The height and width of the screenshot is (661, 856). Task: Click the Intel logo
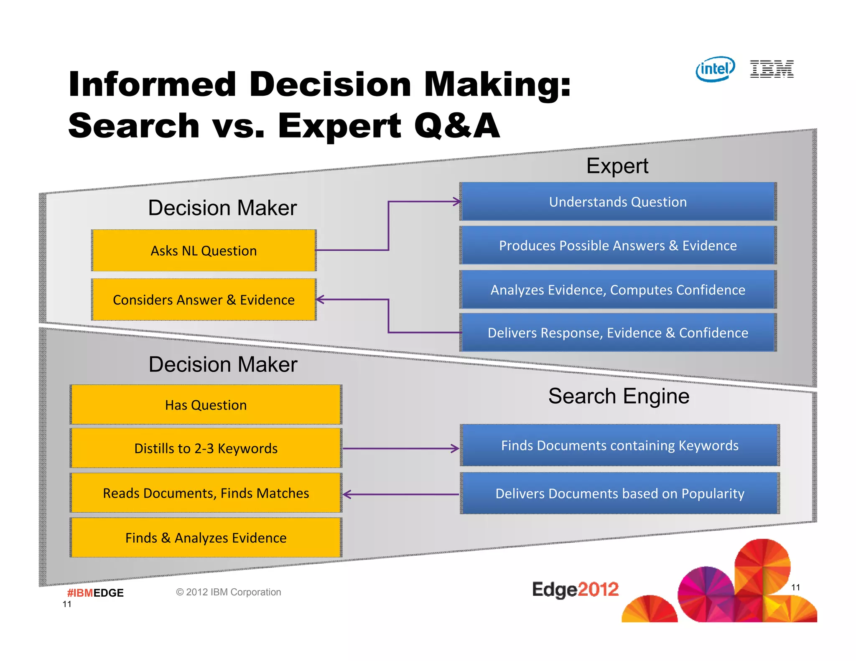(715, 69)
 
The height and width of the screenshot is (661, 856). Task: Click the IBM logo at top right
(772, 69)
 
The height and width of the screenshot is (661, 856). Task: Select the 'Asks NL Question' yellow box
(204, 251)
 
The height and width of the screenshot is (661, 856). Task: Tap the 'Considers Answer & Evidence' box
(204, 300)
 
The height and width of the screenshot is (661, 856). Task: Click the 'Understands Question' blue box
(618, 202)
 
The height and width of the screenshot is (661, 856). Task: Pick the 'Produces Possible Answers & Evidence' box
(618, 245)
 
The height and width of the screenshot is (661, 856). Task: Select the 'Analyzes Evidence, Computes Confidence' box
(618, 290)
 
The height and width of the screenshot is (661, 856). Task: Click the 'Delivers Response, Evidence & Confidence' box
(618, 333)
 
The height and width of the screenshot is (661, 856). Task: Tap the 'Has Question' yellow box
(206, 405)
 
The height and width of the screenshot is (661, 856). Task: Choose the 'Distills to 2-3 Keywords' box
(206, 448)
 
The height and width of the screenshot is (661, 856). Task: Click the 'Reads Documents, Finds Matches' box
(206, 493)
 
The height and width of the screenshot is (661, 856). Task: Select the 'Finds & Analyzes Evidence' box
(206, 538)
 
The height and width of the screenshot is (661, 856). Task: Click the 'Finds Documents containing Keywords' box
(620, 445)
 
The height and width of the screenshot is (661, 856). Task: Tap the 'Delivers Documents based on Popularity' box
(620, 493)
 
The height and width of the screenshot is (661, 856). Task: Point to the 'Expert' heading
(617, 166)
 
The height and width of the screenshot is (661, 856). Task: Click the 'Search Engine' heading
(619, 396)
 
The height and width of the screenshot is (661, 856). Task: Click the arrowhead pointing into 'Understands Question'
(457, 202)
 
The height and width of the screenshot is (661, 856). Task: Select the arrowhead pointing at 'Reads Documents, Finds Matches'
(346, 495)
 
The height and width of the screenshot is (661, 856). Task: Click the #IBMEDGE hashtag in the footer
(95, 593)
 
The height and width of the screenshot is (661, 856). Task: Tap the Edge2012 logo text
(575, 590)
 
